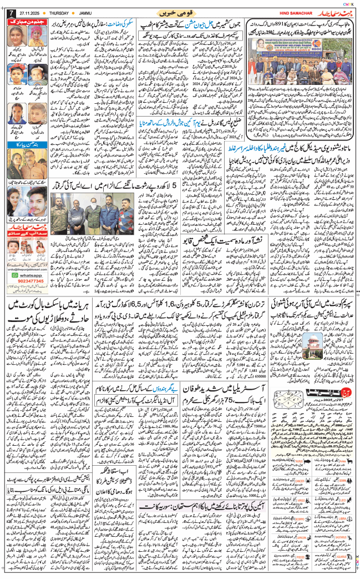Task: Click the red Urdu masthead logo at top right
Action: click(x=335, y=12)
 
